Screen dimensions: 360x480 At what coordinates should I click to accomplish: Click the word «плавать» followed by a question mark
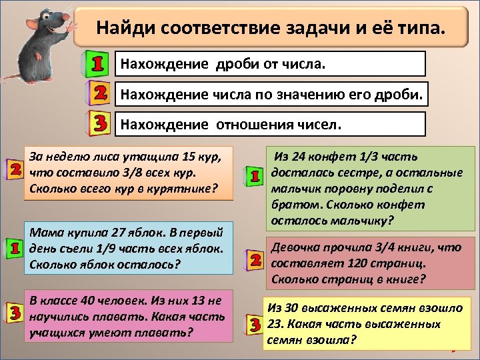(x=163, y=331)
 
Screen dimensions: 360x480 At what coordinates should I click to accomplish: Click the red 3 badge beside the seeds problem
(x=254, y=325)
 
